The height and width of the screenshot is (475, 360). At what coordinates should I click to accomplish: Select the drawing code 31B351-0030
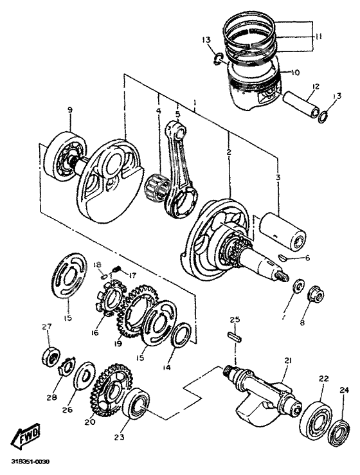pos(30,462)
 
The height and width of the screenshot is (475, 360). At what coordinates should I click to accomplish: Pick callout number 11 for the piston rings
pos(318,37)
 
